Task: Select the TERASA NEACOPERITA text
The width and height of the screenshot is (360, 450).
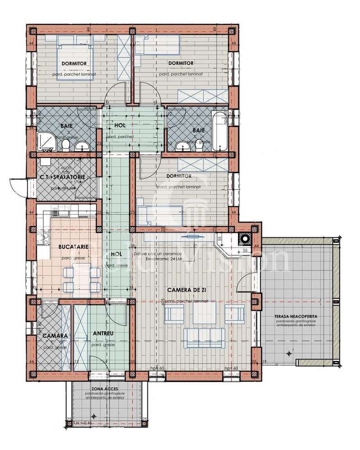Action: [296, 317]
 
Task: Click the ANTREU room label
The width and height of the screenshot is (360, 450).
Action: [102, 333]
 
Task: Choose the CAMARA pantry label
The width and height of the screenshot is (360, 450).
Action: [55, 336]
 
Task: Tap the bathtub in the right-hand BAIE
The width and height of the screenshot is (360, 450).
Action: [220, 131]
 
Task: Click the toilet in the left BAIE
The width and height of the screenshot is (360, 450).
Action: [66, 145]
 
